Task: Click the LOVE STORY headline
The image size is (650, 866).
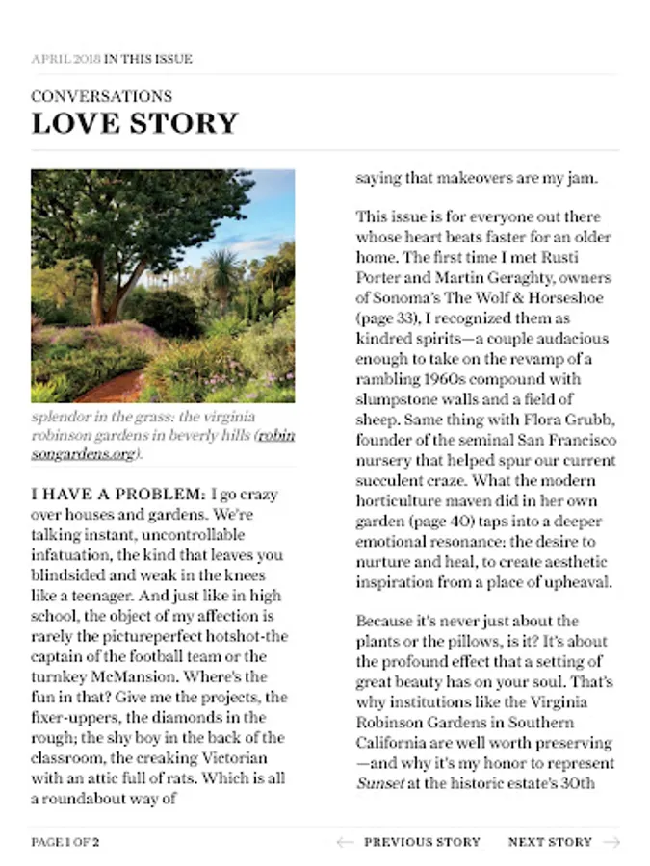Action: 134,124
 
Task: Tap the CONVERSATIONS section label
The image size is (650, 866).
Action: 101,96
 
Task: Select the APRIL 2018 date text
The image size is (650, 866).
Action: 65,59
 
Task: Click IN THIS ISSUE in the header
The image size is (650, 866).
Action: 148,59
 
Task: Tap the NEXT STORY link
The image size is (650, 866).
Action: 550,842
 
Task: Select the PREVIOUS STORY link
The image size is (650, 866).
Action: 422,842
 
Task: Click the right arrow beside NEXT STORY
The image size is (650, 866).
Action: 611,842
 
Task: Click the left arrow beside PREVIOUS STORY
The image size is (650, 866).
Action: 345,842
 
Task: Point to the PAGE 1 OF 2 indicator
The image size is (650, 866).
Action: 65,842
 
